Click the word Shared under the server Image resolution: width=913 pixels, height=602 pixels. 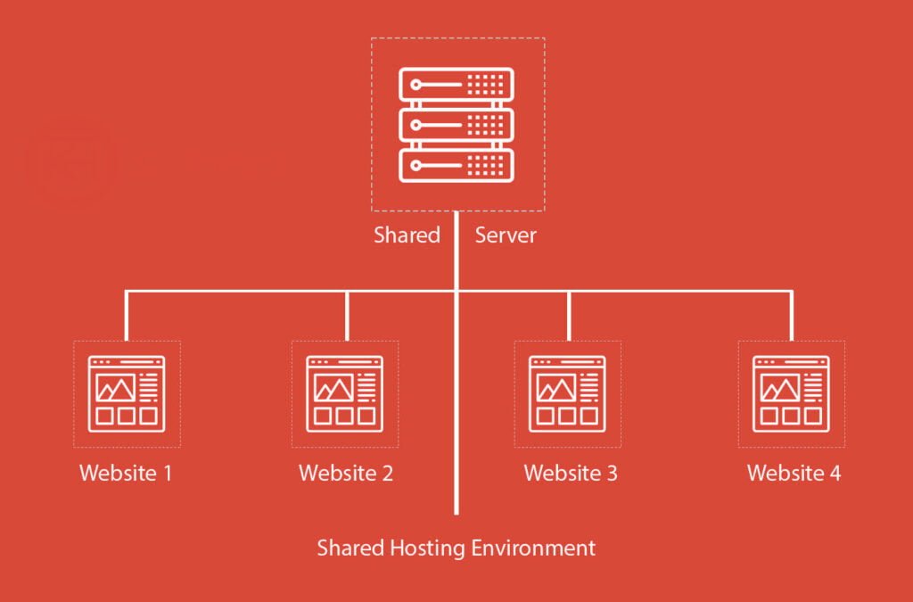click(x=407, y=235)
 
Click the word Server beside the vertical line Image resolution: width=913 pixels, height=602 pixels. click(x=506, y=235)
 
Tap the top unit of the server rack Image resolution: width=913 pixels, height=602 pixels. click(x=456, y=86)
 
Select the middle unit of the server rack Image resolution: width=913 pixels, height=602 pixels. click(x=456, y=125)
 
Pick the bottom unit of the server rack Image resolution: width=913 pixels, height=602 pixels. click(x=456, y=165)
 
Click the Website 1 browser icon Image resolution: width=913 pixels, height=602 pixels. click(x=126, y=393)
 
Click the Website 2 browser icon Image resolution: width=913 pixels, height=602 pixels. click(x=345, y=393)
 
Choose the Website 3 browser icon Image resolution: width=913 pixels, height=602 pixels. click(x=567, y=393)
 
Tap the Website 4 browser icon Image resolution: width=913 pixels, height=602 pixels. click(x=791, y=393)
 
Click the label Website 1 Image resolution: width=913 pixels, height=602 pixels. click(x=126, y=473)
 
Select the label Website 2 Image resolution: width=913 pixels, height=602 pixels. click(x=346, y=473)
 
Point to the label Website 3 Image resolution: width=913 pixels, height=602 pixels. click(x=571, y=473)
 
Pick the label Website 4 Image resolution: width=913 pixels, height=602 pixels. click(x=794, y=473)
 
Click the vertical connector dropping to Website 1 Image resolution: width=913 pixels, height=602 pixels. click(x=126, y=316)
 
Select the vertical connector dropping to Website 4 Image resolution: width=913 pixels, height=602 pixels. click(x=791, y=316)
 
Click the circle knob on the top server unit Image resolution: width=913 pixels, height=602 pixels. click(x=415, y=86)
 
